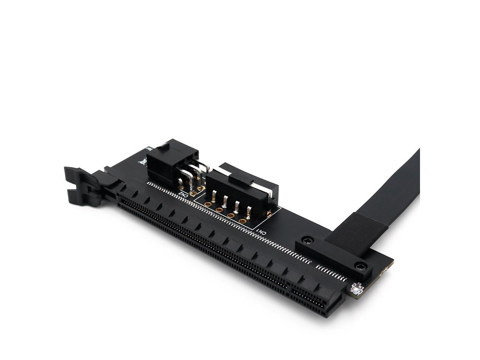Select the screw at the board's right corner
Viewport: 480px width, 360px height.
pos(361,266)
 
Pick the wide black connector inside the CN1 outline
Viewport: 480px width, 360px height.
pos(240,184)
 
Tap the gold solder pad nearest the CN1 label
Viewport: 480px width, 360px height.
pos(243,220)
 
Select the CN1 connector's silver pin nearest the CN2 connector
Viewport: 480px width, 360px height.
pos(213,195)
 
